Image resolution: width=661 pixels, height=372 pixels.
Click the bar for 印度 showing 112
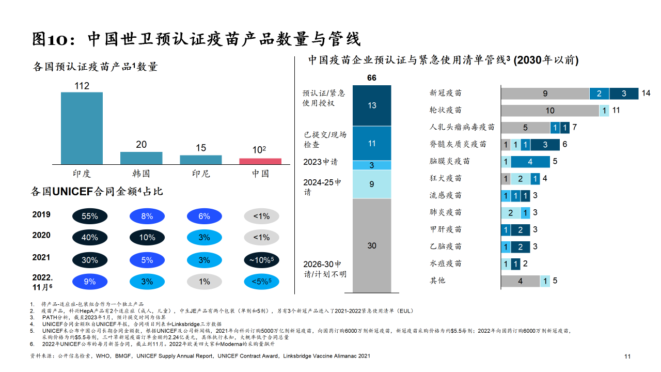(82, 128)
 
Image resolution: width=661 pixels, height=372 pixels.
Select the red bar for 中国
(260, 161)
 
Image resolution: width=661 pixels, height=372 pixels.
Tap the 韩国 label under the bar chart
(141, 174)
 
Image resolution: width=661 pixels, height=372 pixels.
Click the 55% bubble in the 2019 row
(89, 216)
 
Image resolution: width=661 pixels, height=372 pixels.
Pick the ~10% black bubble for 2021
(261, 260)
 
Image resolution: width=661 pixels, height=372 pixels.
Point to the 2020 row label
(41, 235)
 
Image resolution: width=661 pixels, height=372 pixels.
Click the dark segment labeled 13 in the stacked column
(372, 105)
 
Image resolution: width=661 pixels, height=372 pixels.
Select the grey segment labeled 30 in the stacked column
(372, 245)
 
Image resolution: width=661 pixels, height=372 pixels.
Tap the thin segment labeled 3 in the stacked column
(372, 165)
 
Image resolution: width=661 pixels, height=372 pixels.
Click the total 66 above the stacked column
(372, 78)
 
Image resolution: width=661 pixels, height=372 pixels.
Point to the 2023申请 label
(320, 162)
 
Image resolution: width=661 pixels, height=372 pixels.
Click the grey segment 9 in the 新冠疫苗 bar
(545, 94)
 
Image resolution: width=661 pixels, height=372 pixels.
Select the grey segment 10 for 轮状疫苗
(550, 111)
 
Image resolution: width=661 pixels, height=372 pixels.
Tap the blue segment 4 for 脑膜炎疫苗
(530, 162)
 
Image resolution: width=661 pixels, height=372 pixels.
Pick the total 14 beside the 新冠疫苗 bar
(646, 94)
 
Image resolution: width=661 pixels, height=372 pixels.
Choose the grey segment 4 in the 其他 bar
(521, 281)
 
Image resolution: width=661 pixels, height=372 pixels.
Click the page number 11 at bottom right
(627, 357)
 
